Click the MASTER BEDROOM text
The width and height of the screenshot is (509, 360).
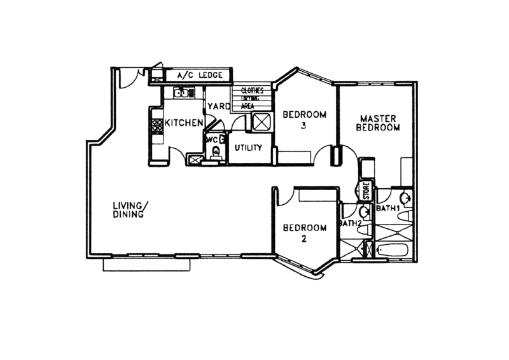[380, 123]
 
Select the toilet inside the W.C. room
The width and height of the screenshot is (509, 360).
[216, 152]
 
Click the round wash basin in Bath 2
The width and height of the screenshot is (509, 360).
[365, 213]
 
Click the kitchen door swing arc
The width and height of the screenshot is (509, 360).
[177, 155]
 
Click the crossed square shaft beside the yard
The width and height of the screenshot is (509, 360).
[261, 123]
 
